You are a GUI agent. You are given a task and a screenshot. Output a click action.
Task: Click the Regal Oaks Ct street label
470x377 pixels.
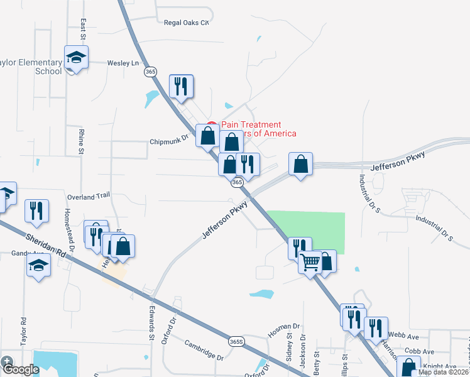[185, 22]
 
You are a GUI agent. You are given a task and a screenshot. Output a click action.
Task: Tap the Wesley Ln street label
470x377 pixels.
[123, 63]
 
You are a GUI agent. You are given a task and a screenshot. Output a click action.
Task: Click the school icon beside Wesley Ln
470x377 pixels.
[76, 58]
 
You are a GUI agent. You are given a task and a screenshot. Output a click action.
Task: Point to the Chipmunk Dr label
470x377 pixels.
[169, 141]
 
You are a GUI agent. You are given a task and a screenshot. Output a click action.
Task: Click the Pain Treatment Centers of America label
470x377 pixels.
[254, 129]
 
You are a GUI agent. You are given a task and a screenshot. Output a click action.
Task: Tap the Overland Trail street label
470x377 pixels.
[89, 197]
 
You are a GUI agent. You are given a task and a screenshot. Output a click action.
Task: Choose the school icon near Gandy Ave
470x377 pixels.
[39, 266]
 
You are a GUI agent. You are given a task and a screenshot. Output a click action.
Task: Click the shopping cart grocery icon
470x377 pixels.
[310, 263]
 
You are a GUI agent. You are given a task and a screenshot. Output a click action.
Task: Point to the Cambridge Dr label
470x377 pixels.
[204, 350]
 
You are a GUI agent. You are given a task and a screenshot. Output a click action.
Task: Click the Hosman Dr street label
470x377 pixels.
[286, 327]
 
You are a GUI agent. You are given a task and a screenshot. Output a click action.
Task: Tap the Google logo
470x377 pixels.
[20, 369]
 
